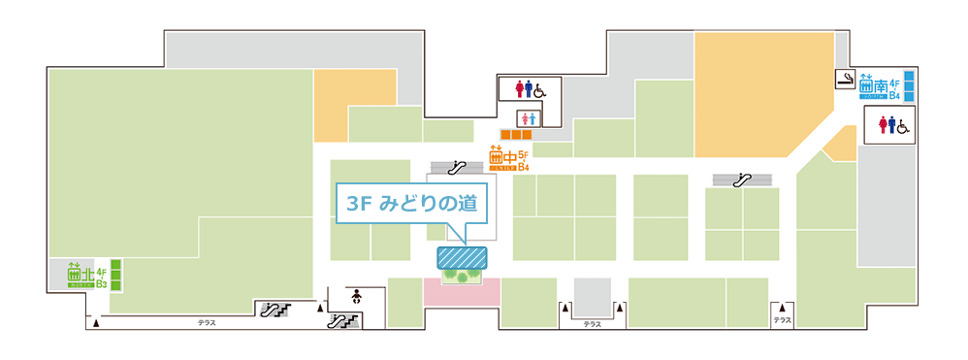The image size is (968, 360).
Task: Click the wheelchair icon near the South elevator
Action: click(901, 125)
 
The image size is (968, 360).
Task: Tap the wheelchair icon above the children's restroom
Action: click(539, 89)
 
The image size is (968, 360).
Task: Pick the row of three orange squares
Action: click(516, 134)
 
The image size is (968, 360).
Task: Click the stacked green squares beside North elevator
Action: click(114, 275)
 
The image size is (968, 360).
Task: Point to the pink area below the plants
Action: click(462, 306)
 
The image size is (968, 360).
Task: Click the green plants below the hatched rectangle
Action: click(462, 276)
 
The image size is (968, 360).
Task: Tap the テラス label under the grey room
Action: click(592, 324)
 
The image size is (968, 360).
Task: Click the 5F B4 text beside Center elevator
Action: click(524, 160)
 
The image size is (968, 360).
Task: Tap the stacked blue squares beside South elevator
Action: click(909, 84)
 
